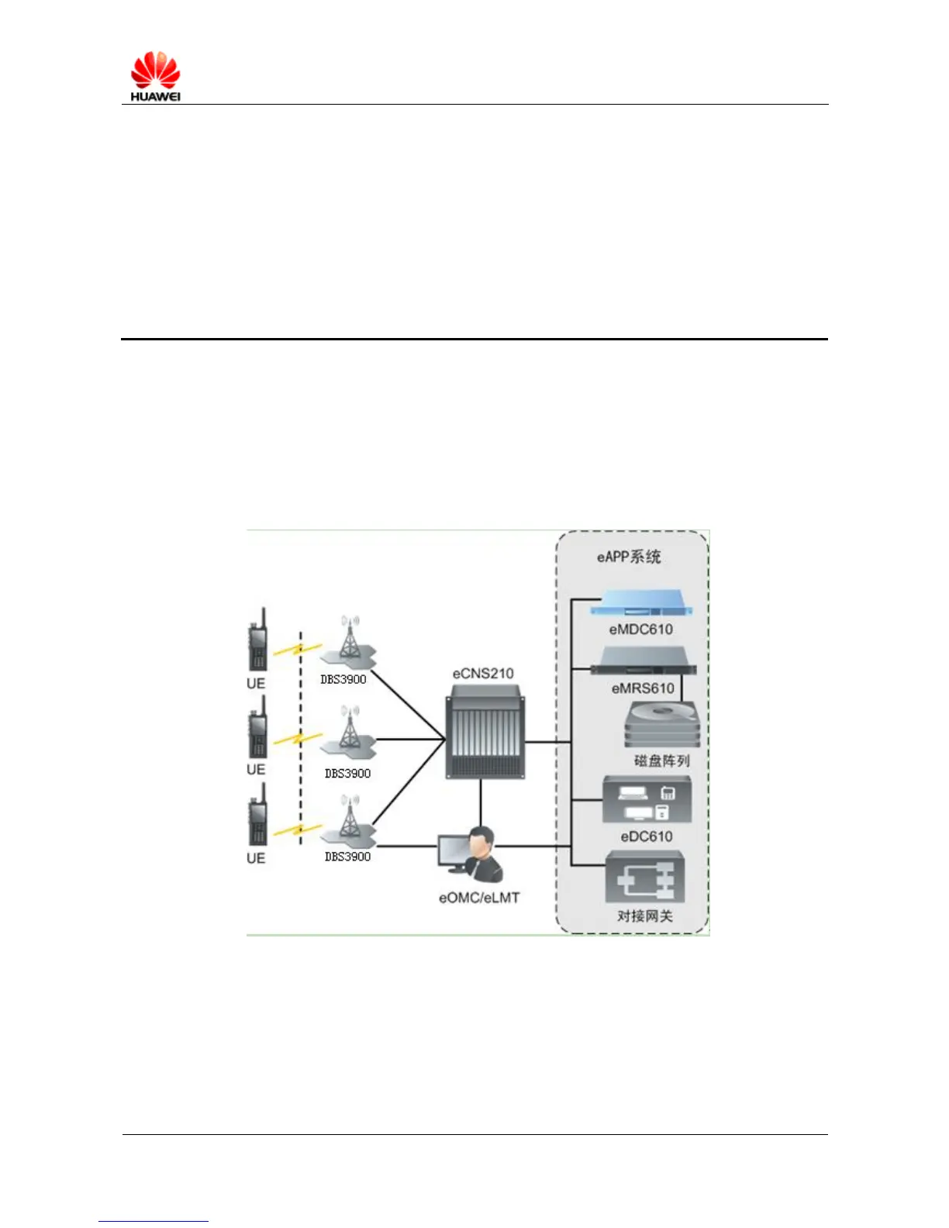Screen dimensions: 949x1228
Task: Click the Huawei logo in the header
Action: click(x=155, y=76)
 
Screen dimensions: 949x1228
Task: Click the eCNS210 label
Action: click(x=482, y=673)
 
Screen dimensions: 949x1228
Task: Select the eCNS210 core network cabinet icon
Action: click(x=485, y=736)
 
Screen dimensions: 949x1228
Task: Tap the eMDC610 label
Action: click(x=640, y=630)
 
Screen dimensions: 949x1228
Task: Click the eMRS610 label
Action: click(x=643, y=688)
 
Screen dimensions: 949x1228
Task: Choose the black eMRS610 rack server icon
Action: click(x=643, y=668)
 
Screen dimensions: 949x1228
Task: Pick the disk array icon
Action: click(x=662, y=725)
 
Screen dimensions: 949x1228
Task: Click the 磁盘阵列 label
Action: click(x=661, y=761)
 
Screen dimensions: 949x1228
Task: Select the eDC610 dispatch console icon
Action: click(x=647, y=800)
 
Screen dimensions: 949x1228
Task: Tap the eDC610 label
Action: click(x=647, y=836)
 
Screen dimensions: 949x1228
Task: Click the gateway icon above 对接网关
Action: click(x=645, y=877)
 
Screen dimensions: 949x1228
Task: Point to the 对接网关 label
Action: click(x=645, y=916)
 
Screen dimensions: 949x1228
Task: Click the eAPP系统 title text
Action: click(x=629, y=557)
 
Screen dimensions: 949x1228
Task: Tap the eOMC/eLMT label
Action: click(x=479, y=898)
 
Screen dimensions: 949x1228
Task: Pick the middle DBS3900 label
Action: click(x=347, y=773)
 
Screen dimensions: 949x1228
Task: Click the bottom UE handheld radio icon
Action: click(x=257, y=814)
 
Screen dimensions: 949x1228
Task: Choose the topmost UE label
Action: click(x=256, y=683)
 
